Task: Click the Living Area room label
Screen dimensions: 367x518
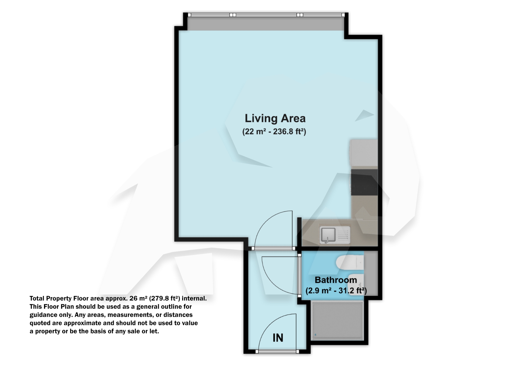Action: (x=275, y=118)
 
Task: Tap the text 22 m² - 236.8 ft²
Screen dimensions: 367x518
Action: (x=274, y=132)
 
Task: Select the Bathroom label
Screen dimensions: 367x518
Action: (x=336, y=280)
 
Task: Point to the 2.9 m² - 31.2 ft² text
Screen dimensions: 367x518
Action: (x=336, y=291)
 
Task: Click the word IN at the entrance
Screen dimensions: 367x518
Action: (x=278, y=338)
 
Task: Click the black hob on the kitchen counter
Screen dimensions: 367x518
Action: (x=364, y=182)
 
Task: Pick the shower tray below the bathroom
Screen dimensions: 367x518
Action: (x=337, y=321)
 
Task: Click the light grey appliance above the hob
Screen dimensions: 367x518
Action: (x=364, y=153)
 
